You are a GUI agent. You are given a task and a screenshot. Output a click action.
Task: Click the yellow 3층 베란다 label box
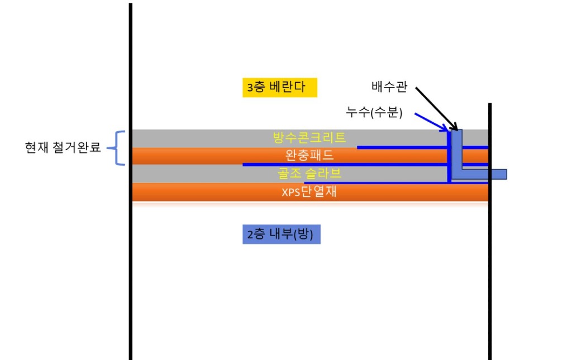(x=280, y=88)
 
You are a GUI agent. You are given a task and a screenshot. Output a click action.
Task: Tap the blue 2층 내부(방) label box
(x=282, y=234)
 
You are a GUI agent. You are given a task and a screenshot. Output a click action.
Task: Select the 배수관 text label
(x=389, y=87)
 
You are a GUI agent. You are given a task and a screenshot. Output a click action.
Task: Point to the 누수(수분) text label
(x=374, y=112)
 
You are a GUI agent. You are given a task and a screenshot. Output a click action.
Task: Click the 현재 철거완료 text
(x=63, y=147)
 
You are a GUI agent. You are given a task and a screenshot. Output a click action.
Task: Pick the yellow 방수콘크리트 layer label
(x=309, y=137)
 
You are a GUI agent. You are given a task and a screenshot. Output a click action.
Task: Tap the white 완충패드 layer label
(x=309, y=155)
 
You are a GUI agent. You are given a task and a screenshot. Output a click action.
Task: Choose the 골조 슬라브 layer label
(x=309, y=173)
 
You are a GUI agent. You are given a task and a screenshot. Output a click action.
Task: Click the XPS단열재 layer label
(x=309, y=191)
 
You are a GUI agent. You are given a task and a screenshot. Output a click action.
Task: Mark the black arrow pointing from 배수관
(x=437, y=109)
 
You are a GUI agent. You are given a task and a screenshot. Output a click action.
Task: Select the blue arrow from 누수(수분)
(x=432, y=122)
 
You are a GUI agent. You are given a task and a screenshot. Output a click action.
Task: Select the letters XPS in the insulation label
(x=290, y=193)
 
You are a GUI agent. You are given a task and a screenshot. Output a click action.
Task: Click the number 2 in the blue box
(x=250, y=234)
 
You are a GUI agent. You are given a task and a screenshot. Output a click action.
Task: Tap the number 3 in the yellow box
(x=250, y=88)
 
